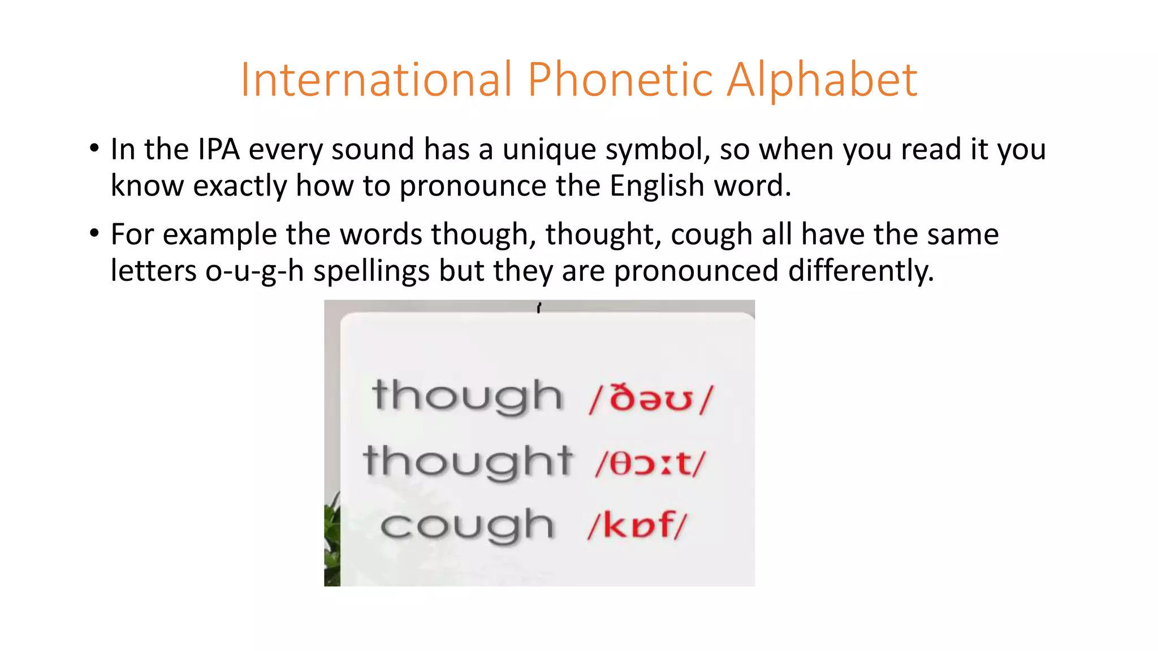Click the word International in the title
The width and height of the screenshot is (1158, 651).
pyautogui.click(x=376, y=80)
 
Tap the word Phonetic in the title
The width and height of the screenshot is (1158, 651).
pyautogui.click(x=620, y=80)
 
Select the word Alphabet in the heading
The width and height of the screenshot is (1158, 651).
pyautogui.click(x=822, y=80)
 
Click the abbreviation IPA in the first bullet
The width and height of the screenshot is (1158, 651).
pyautogui.click(x=219, y=150)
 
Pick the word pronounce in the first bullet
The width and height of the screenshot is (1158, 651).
pyautogui.click(x=473, y=186)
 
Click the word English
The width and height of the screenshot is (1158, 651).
pyautogui.click(x=656, y=186)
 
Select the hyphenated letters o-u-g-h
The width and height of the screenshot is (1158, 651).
pyautogui.click(x=254, y=271)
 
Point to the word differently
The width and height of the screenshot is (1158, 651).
pyautogui.click(x=861, y=271)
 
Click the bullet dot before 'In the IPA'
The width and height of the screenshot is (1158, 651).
pyautogui.click(x=94, y=149)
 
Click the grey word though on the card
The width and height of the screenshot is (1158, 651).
pyautogui.click(x=467, y=397)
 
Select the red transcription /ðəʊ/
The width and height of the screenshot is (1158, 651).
pyautogui.click(x=651, y=398)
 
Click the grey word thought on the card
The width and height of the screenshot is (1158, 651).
pyautogui.click(x=468, y=462)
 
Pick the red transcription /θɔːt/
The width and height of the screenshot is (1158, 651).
pyautogui.click(x=650, y=464)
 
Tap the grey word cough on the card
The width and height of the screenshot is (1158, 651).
pyautogui.click(x=467, y=527)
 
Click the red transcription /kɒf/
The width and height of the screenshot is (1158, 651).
pyautogui.click(x=637, y=526)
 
